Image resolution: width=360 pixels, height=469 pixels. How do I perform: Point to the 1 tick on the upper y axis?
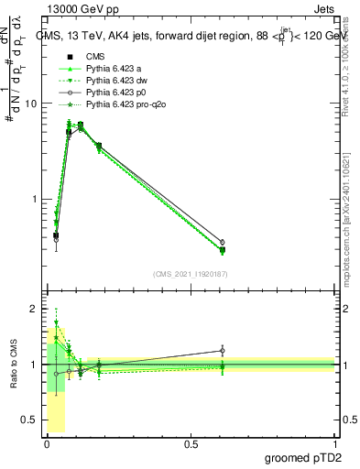pyautogui.click(x=34, y=199)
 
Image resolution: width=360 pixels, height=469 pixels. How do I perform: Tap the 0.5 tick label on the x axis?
pyautogui.click(x=191, y=444)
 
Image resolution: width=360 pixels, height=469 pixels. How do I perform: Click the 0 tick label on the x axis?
pyautogui.click(x=47, y=444)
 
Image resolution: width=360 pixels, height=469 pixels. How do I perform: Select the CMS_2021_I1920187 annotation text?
pyautogui.click(x=191, y=274)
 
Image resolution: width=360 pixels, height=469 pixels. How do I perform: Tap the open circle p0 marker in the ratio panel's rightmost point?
pyautogui.click(x=223, y=350)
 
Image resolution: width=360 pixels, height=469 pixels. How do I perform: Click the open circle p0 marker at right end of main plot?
pyautogui.click(x=223, y=242)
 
